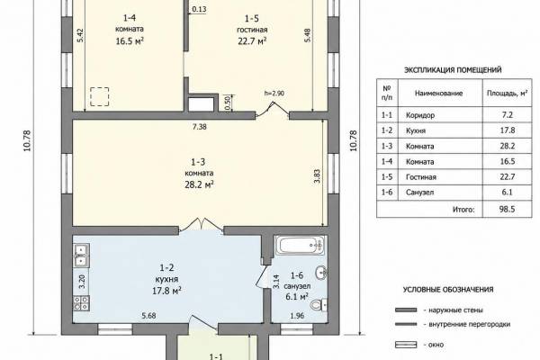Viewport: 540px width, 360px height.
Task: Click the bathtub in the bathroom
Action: click(x=301, y=246)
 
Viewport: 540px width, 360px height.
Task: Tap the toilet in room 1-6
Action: click(x=319, y=304)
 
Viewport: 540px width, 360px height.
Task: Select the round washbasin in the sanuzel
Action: click(x=321, y=273)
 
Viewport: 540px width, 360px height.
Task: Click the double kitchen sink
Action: click(x=81, y=255)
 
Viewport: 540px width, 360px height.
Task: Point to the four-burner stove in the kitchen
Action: click(x=81, y=303)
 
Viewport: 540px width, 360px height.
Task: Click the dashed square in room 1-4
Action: click(x=100, y=96)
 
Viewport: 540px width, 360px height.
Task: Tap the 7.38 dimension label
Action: click(x=200, y=127)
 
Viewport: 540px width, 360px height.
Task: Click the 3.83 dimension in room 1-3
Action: click(x=317, y=175)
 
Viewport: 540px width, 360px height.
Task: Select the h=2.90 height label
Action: click(x=274, y=93)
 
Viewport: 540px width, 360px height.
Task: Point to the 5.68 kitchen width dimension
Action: click(x=148, y=315)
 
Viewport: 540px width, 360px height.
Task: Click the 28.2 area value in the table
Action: click(x=508, y=146)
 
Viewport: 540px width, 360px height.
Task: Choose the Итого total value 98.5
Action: click(x=507, y=209)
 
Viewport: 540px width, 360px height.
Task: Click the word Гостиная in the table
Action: click(x=421, y=177)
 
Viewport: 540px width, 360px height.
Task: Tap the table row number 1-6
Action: click(x=387, y=193)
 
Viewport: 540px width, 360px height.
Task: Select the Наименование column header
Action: click(x=438, y=93)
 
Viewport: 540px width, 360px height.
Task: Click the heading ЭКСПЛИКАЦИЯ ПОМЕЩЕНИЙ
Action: click(x=453, y=70)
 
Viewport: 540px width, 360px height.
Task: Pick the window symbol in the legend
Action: click(x=406, y=345)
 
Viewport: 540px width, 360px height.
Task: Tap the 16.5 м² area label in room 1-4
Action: click(x=130, y=41)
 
